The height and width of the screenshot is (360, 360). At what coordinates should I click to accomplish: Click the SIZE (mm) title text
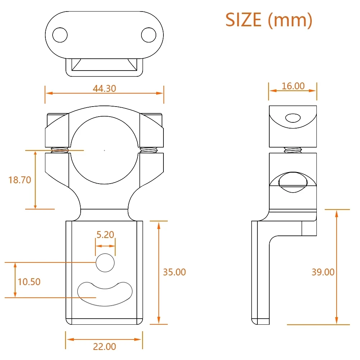269,20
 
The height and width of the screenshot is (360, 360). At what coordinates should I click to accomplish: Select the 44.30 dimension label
104,89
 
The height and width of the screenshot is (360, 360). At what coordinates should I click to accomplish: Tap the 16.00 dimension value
293,86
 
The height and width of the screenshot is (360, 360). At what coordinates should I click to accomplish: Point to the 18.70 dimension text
20,180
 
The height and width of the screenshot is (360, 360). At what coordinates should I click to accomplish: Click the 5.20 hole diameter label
105,235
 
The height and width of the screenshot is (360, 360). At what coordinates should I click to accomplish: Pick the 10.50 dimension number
29,282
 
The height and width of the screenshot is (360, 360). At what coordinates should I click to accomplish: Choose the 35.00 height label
175,272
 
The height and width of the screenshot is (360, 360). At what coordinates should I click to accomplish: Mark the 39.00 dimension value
323,272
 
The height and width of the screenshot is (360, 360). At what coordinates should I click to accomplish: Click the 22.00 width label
104,347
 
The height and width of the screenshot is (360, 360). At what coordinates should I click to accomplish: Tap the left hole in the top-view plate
60,35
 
